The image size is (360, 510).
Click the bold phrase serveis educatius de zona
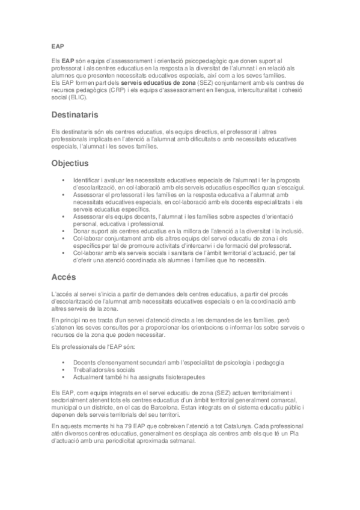(157, 82)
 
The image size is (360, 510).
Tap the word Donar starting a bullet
(82, 232)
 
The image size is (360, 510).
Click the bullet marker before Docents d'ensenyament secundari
(63, 363)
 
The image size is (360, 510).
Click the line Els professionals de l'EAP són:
(93, 348)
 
